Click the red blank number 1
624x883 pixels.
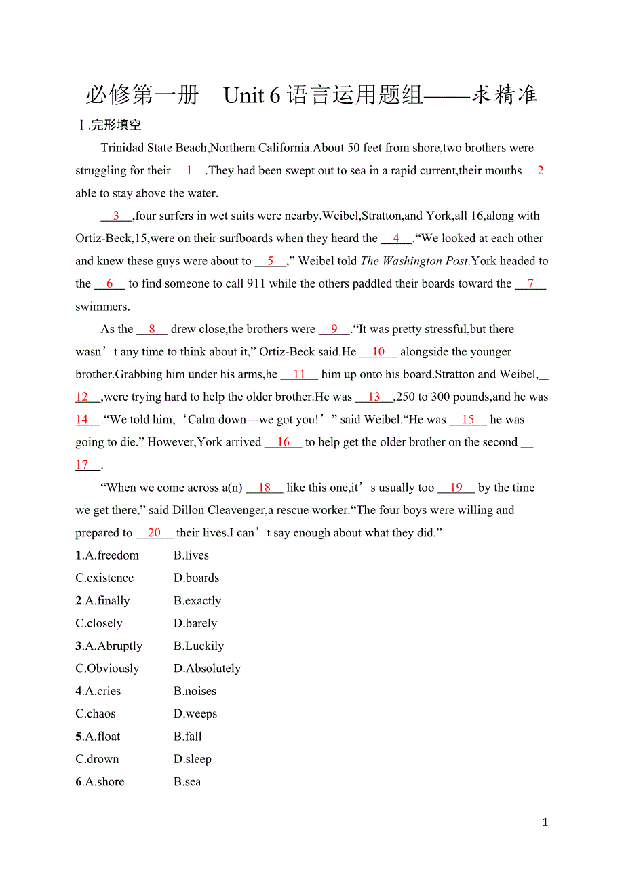tap(189, 170)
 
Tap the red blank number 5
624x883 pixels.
tap(270, 261)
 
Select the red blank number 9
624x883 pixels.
tap(334, 329)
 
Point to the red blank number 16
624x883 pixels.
tap(284, 442)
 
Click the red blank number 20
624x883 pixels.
tap(154, 533)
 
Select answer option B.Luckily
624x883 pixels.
tap(199, 646)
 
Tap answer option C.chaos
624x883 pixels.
tap(96, 713)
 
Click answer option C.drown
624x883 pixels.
tap(97, 759)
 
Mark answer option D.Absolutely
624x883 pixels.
tap(207, 669)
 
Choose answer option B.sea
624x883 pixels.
tap(187, 782)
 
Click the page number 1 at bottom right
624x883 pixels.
tap(545, 823)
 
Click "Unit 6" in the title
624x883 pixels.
tap(252, 96)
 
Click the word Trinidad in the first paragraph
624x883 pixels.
tap(125, 148)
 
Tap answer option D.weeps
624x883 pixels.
tap(195, 713)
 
